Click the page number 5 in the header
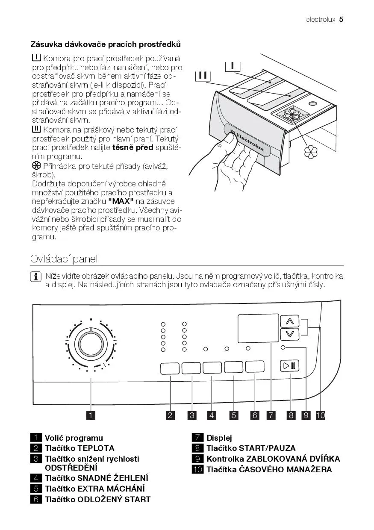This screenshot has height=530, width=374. point(342,19)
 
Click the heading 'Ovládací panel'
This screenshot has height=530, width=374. point(64,259)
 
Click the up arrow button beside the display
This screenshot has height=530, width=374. point(290,321)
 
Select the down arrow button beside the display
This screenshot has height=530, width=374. point(290,334)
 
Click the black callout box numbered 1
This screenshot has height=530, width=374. point(91,415)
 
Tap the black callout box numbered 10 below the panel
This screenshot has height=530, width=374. point(321,415)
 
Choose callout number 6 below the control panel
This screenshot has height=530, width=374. point(255,415)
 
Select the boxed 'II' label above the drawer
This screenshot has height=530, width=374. point(203,76)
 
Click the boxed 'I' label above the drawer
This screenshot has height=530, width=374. point(233,65)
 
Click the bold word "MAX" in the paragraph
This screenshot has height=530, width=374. point(121,201)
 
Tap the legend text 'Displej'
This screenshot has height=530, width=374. point(219,438)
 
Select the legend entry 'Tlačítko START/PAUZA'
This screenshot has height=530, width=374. point(251,448)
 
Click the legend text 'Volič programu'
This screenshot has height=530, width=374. point(74,438)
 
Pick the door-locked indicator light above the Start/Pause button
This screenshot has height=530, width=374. point(283,348)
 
